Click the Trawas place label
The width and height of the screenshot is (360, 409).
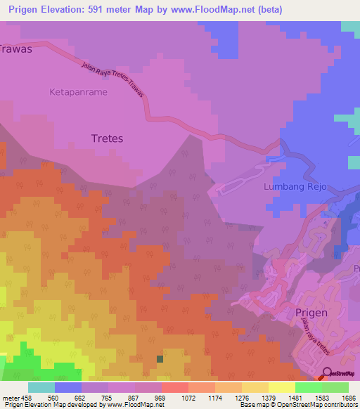(x=15, y=49)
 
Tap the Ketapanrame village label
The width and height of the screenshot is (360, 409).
(x=78, y=92)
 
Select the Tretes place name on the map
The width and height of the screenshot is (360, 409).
(x=107, y=138)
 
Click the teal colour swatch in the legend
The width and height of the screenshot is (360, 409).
(x=41, y=387)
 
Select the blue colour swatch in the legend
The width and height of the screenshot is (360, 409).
(x=68, y=387)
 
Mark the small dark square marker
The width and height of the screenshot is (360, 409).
(x=160, y=358)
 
